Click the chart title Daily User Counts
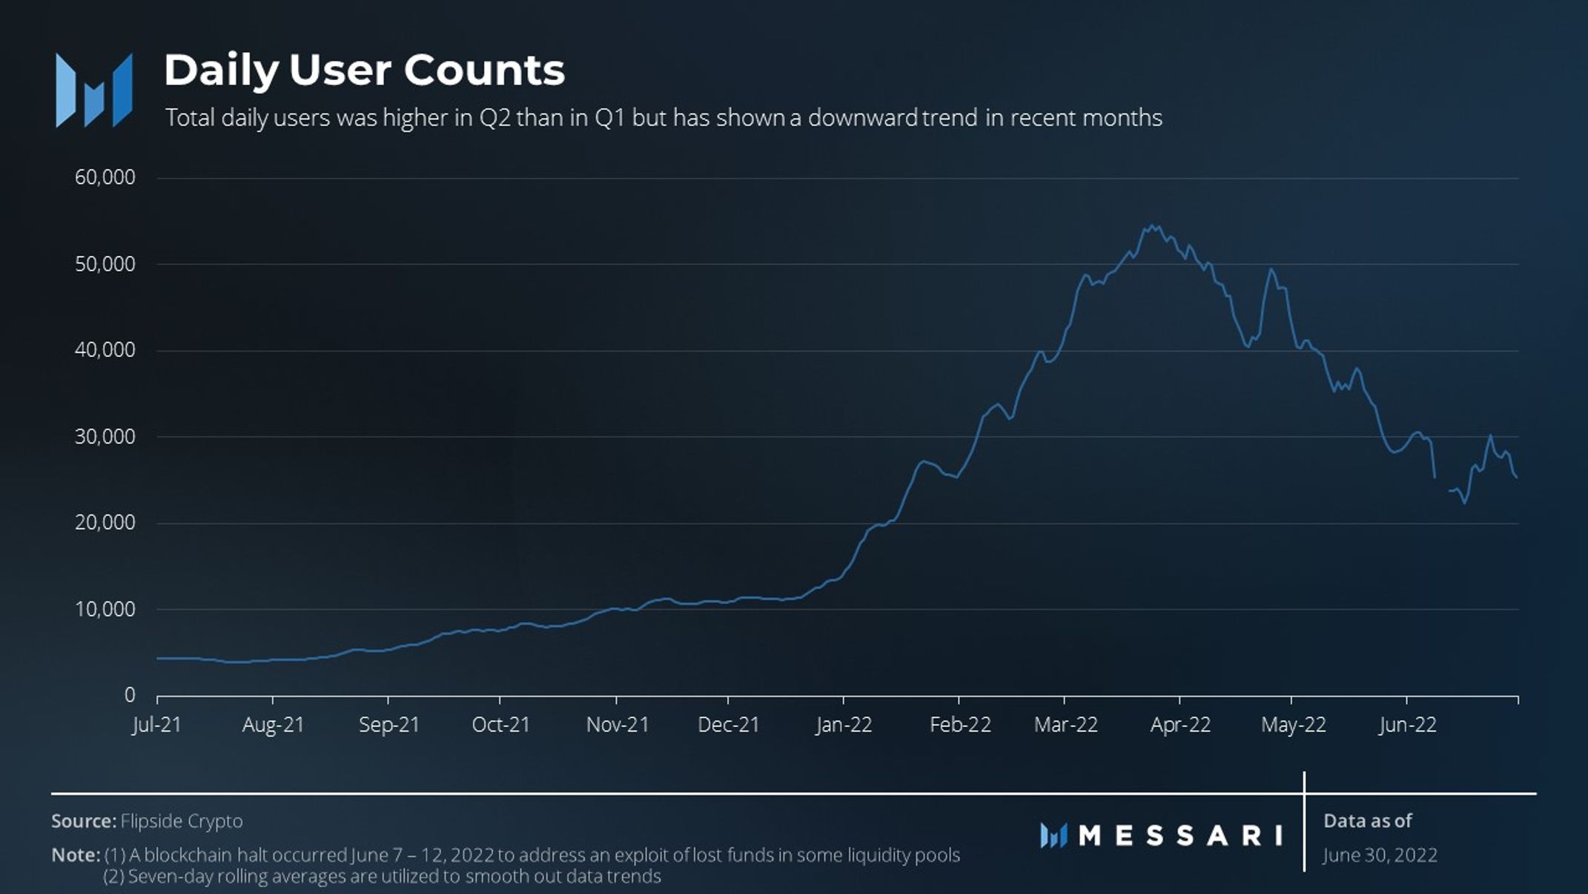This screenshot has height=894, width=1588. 364,71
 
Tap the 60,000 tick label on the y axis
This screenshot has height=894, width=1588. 105,177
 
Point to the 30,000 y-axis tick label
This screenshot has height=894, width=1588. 105,437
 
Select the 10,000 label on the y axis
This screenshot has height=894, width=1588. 105,610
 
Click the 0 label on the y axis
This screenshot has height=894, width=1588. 130,695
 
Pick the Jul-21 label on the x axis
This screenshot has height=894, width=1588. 156,725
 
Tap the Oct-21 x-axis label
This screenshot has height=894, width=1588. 501,725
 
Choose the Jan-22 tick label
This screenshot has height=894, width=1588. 844,725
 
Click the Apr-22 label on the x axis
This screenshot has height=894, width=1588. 1180,725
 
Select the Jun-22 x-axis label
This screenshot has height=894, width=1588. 1407,725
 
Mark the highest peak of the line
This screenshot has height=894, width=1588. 1151,226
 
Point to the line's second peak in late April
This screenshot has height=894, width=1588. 1271,269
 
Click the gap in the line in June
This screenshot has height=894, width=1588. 1442,484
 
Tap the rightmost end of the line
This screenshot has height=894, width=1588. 1517,477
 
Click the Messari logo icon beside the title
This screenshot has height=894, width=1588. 94,91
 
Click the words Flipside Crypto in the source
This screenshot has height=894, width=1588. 182,821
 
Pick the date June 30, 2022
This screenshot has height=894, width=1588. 1380,855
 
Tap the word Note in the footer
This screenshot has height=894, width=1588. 75,855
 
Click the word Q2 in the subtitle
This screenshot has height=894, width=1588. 494,118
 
